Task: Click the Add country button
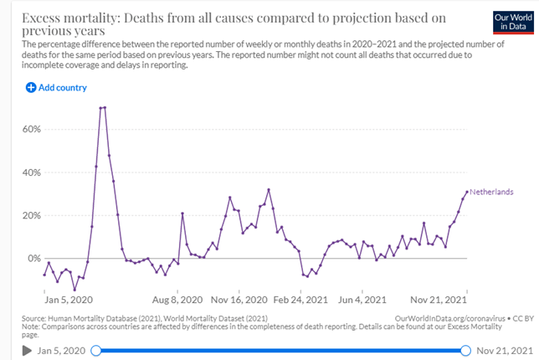coord(56,87)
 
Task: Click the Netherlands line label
coord(491,192)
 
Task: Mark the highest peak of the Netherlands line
coord(102,107)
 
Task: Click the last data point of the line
coord(467,192)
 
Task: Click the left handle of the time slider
coord(95,350)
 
